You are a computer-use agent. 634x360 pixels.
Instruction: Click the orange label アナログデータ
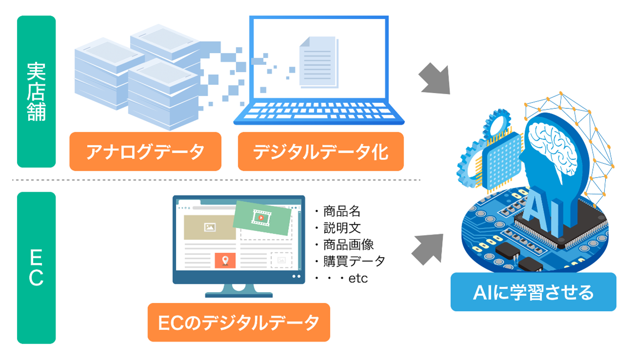point(145,152)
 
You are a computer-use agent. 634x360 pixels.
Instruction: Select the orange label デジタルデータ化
point(321,152)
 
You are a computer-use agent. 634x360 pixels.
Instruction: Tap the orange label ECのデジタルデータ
point(239,322)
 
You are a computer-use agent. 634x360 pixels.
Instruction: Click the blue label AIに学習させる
point(533,292)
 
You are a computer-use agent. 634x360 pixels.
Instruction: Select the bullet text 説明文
point(342,228)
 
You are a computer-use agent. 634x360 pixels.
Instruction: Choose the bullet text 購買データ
point(354,261)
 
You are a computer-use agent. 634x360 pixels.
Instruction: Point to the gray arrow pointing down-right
point(434,78)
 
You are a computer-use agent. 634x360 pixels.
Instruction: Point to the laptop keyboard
point(318,111)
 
